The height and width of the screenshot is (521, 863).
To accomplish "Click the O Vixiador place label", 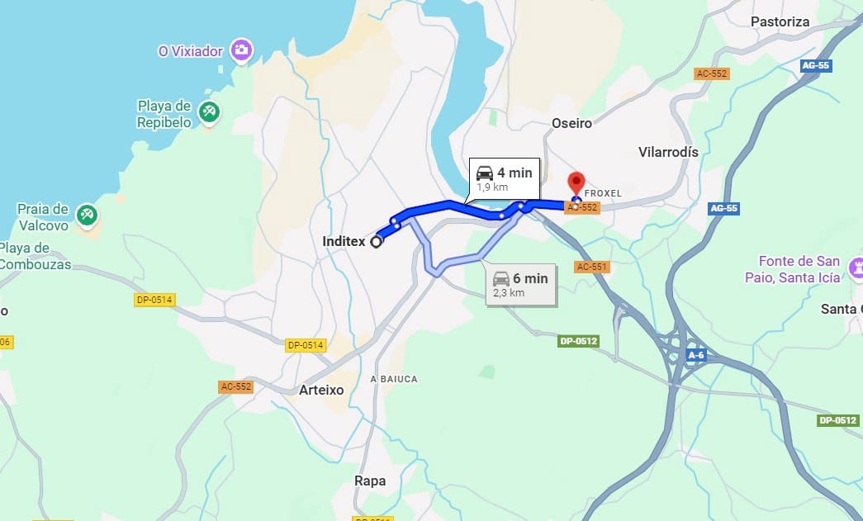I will tap(191, 51).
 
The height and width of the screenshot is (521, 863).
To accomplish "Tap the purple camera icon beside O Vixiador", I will tap(241, 50).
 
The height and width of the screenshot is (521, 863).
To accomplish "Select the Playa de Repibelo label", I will tap(164, 114).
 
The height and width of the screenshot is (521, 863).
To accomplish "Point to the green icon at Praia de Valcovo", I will tap(87, 216).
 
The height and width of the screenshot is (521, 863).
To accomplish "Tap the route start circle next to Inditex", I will tap(377, 242).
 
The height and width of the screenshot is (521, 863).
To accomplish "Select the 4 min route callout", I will tap(504, 178).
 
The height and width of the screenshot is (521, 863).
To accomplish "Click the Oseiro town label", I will tap(571, 123).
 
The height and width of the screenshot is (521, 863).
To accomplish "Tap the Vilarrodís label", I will tap(668, 152).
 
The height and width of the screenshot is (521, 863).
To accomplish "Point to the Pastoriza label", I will tap(780, 21).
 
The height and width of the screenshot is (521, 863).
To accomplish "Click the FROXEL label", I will tap(602, 193).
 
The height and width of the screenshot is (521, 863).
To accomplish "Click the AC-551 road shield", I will tap(591, 267).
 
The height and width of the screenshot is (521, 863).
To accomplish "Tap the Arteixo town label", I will tap(321, 389).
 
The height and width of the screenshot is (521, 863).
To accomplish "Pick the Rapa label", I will tap(369, 481).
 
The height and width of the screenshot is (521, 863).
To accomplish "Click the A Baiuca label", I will tap(394, 379).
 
